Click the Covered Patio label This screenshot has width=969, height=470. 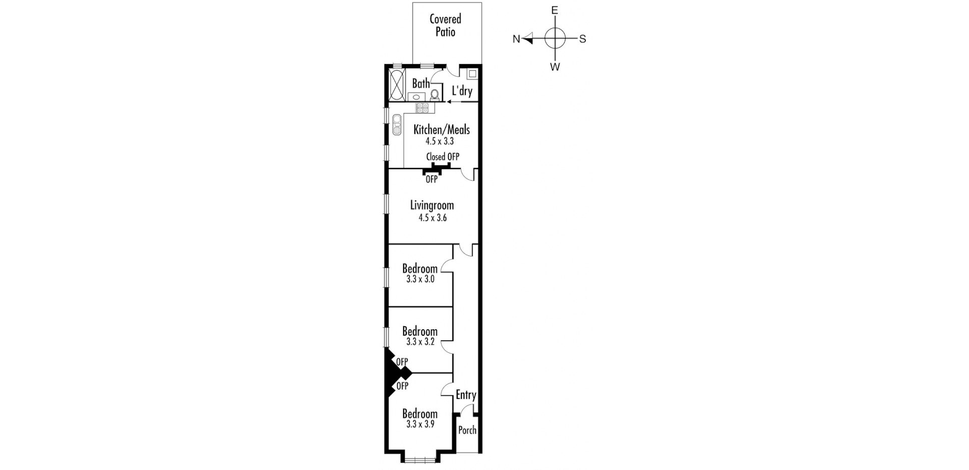click(445, 25)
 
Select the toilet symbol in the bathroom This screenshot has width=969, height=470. click(434, 95)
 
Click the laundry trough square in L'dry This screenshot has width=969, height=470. click(472, 74)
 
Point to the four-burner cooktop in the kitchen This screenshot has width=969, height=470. click(422, 108)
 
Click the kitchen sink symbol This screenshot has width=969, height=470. click(397, 125)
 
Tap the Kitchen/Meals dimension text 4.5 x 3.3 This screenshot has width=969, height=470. click(439, 141)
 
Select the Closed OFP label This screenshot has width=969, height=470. click(443, 157)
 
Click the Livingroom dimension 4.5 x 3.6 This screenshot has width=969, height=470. click(432, 218)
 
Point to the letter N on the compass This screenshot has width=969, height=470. click(516, 39)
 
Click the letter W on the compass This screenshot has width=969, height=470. click(555, 67)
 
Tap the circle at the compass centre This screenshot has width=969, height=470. click(555, 38)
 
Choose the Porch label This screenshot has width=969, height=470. click(467, 431)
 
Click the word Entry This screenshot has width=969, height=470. click(465, 395)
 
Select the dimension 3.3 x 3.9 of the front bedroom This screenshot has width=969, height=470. click(420, 425)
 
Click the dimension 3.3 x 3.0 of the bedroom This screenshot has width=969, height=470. click(420, 279)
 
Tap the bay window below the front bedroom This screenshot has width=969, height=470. click(420, 459)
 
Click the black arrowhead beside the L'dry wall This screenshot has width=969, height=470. click(449, 101)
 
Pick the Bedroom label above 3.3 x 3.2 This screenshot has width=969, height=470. click(419, 331)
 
